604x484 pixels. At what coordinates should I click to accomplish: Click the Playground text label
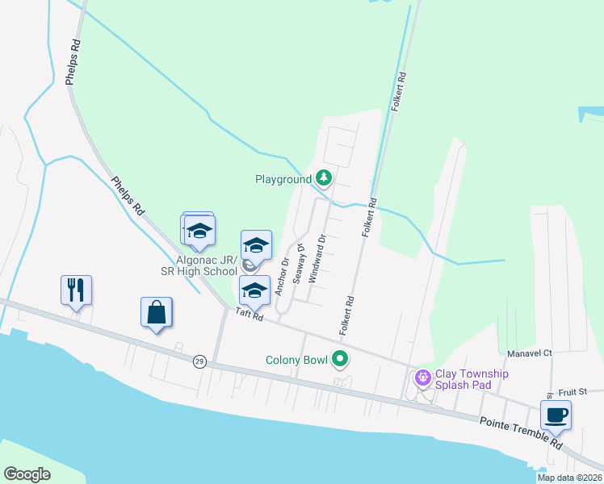(283, 178)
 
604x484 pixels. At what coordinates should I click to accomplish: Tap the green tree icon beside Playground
(324, 177)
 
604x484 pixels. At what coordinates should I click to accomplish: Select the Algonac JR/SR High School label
(207, 265)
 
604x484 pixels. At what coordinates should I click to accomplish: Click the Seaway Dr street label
(299, 263)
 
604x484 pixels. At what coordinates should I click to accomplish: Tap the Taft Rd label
(250, 315)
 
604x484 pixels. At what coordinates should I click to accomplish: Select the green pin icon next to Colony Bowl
(341, 360)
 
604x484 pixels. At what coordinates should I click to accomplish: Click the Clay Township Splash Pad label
(472, 379)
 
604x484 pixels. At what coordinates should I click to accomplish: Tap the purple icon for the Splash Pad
(422, 377)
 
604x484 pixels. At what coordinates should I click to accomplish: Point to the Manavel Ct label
(530, 353)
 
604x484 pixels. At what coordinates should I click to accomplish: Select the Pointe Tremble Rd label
(521, 432)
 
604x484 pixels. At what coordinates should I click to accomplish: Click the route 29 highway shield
(199, 362)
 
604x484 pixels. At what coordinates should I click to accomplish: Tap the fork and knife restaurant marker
(77, 290)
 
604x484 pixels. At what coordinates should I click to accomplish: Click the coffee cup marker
(556, 415)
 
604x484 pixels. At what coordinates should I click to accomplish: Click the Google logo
(27, 474)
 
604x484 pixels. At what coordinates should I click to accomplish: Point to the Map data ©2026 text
(568, 478)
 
